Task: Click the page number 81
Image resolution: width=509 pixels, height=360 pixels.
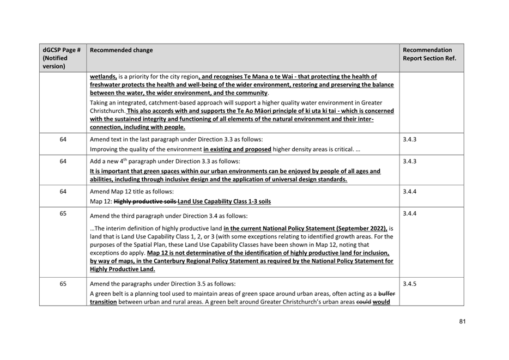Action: coord(462,321)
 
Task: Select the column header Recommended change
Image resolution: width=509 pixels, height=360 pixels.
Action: coord(121,50)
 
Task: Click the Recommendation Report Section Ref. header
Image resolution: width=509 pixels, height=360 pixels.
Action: coord(429,54)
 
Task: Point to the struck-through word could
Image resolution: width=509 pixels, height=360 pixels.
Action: coord(362,302)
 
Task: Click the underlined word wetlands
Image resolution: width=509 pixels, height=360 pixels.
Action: coord(103,77)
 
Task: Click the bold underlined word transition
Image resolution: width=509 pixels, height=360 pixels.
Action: coord(104,302)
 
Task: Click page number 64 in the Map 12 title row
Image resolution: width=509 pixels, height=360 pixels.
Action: coord(63,191)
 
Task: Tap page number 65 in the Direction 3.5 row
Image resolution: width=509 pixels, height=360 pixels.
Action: coord(63,284)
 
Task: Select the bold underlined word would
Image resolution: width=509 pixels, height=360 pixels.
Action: coord(381,302)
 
